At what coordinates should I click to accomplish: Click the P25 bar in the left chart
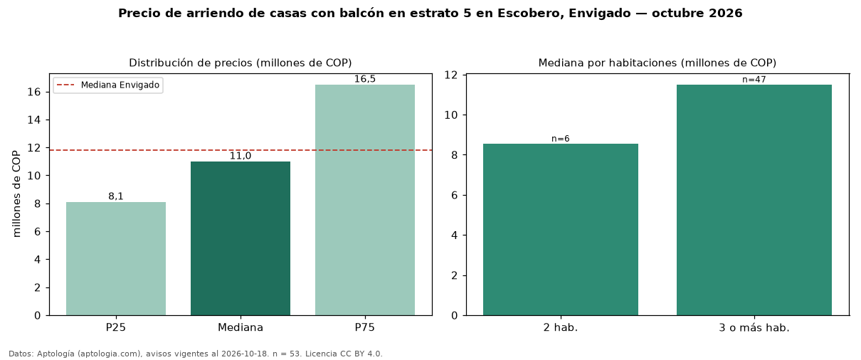116,258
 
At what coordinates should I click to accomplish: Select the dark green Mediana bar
241,238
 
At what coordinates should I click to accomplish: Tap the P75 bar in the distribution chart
365,200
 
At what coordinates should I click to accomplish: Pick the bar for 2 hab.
561,229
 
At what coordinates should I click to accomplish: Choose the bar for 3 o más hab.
754,200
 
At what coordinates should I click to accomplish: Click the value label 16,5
365,79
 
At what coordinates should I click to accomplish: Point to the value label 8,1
116,196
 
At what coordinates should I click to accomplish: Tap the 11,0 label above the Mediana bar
241,156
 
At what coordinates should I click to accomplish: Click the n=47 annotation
754,80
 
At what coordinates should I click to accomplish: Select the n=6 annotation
561,139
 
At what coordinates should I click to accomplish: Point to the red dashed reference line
241,150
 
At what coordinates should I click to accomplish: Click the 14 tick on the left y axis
34,120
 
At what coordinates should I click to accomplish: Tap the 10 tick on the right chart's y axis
451,115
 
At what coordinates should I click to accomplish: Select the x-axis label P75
365,327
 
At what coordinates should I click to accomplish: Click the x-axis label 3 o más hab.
754,328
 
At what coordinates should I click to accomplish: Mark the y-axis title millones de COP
16,194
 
